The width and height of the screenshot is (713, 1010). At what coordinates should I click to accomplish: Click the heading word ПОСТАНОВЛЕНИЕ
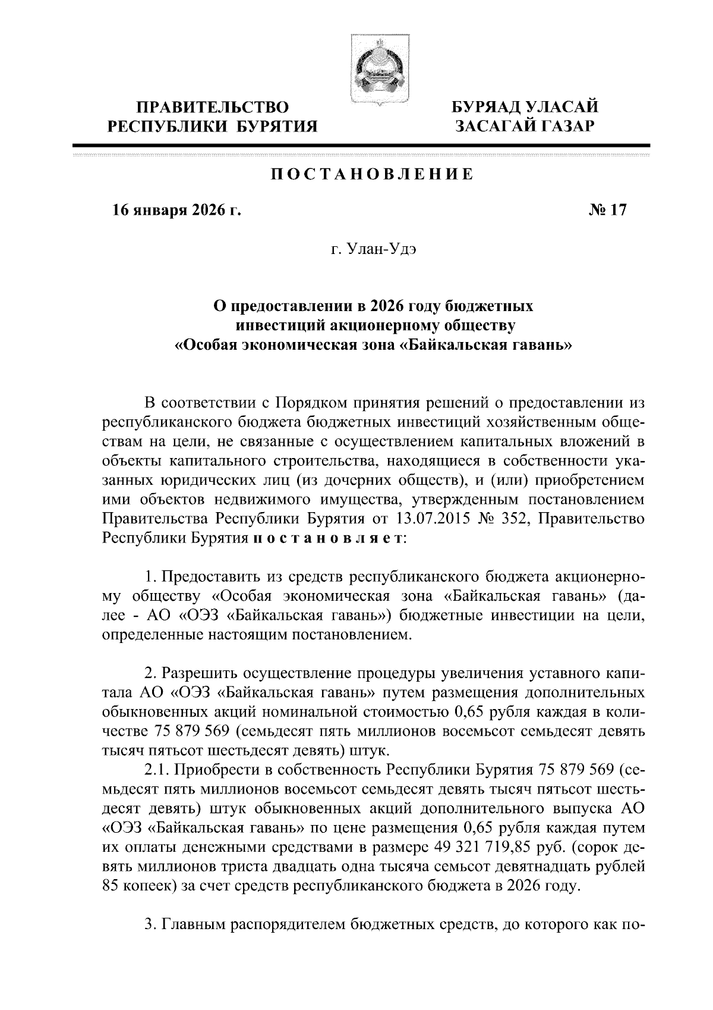coord(373,175)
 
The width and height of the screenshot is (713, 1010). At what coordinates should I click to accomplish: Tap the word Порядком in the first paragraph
coord(310,403)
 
